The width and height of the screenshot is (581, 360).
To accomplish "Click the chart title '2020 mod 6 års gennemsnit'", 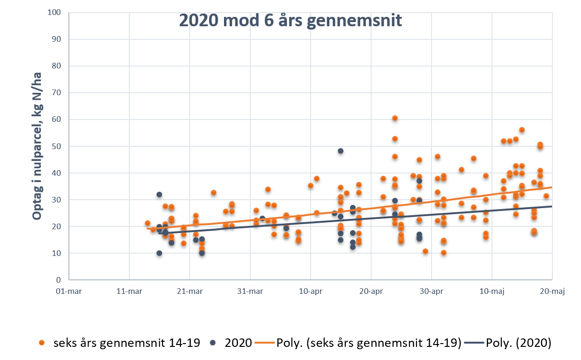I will (x=290, y=21).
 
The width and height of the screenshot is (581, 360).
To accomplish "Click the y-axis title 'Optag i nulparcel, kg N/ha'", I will (x=37, y=146).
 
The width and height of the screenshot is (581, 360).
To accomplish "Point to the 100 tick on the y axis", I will (x=54, y=12).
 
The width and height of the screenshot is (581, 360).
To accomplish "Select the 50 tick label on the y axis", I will (x=57, y=146).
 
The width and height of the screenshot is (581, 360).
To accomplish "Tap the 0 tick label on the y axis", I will (x=59, y=280).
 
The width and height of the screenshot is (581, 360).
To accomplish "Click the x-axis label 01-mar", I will (x=68, y=292).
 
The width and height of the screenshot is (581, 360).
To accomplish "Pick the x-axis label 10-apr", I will (x=311, y=292).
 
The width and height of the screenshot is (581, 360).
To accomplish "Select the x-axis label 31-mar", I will (x=250, y=292).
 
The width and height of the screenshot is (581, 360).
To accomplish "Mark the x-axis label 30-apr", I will (x=432, y=292).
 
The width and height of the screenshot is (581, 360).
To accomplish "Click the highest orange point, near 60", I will (x=395, y=118).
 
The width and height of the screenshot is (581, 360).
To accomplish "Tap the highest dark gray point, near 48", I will (x=341, y=151).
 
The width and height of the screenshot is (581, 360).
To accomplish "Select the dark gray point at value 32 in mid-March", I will (x=159, y=195).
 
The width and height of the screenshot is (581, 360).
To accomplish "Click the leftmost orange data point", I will (x=148, y=223).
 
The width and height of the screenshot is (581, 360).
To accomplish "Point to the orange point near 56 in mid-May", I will (x=522, y=130).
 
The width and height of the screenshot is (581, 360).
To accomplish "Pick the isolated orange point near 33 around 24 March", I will (x=214, y=193).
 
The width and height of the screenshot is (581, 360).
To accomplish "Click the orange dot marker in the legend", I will (x=42, y=343).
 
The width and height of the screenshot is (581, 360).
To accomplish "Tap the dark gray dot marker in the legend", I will (x=213, y=343).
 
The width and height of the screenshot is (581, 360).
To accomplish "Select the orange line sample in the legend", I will (x=265, y=343).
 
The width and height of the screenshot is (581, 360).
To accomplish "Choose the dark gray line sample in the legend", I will (x=474, y=343).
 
